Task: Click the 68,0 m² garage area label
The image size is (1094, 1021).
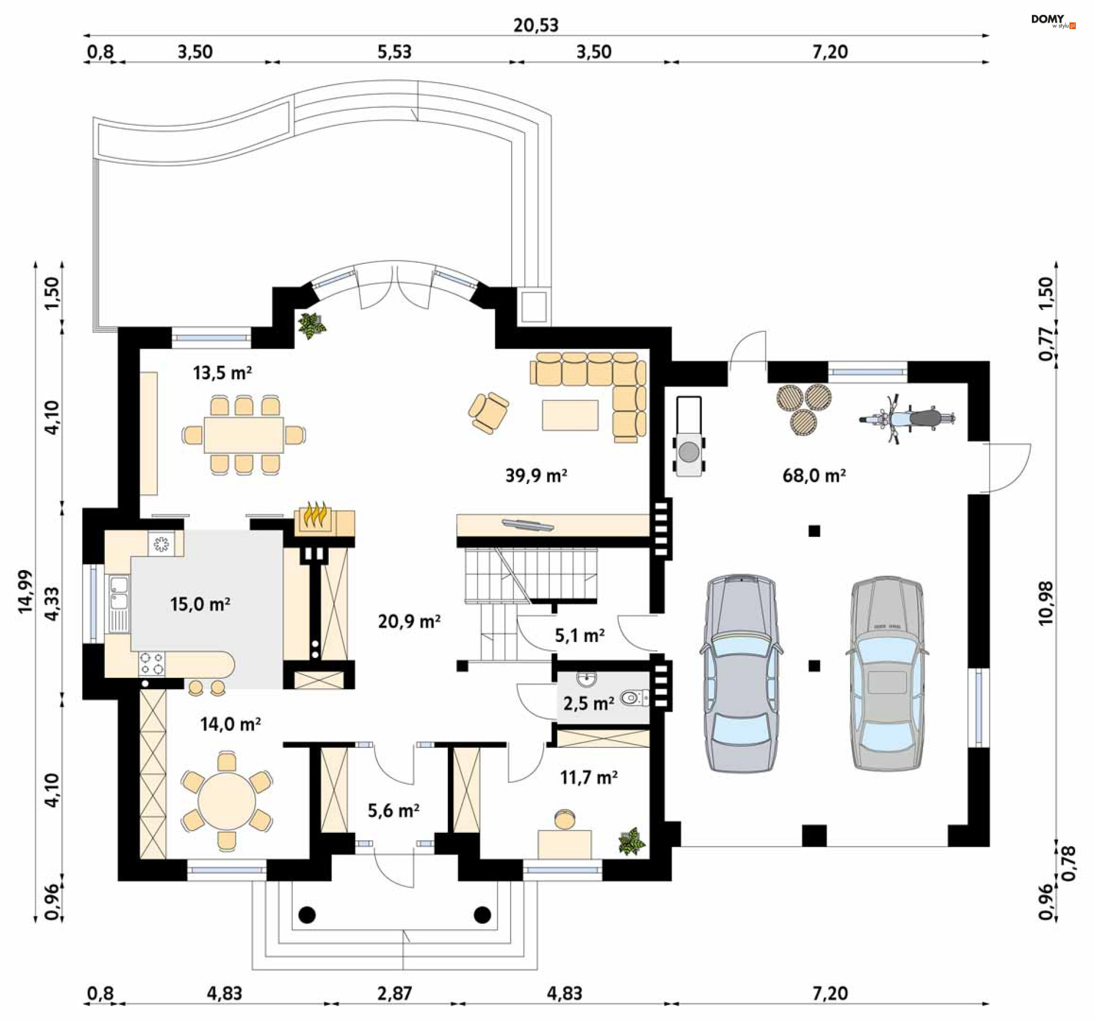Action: [813, 475]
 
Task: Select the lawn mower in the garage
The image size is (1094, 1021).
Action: [689, 437]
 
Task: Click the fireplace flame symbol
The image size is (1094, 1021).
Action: [316, 516]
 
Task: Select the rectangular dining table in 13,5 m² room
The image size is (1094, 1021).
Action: [244, 434]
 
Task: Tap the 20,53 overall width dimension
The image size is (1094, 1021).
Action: [536, 25]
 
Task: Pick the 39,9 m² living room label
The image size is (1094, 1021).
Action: [536, 475]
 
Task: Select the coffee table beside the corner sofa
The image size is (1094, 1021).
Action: [570, 415]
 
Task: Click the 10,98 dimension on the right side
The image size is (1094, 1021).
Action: [1046, 603]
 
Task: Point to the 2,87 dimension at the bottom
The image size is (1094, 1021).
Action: [394, 994]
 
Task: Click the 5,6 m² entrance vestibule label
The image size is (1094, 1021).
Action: [393, 810]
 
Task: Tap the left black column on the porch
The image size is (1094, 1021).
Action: [307, 915]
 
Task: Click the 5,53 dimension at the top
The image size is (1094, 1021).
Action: [394, 52]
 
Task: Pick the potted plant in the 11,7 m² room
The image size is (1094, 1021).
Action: [632, 842]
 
